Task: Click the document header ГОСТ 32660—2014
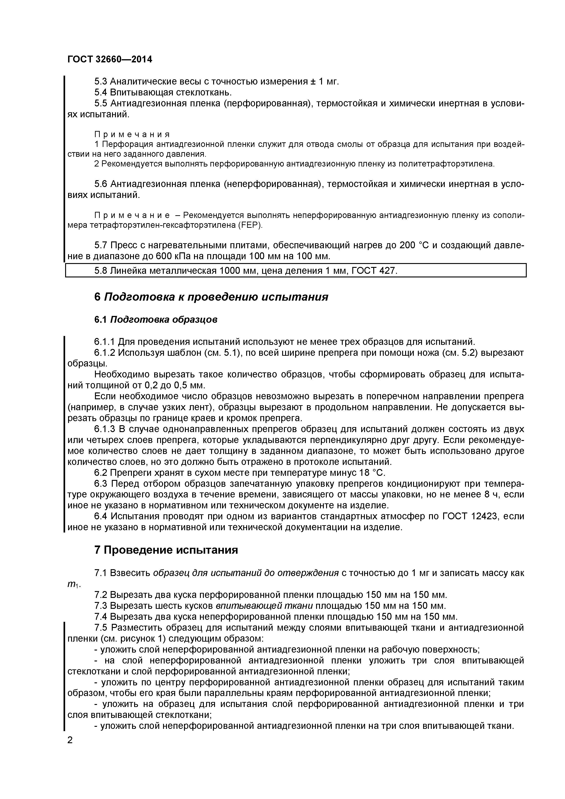(110, 59)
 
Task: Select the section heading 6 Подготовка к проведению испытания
(211, 297)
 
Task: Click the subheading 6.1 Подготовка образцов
(156, 320)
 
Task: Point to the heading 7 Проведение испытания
(166, 550)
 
